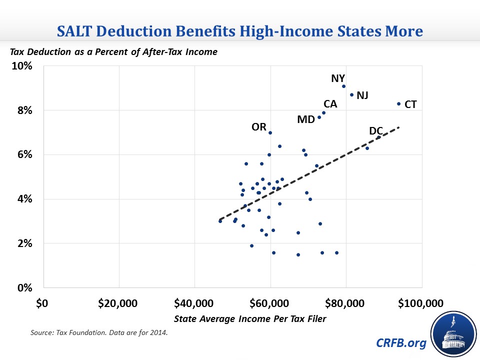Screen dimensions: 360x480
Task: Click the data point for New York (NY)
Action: pos(344,86)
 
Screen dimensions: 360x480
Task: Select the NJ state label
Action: pos(362,95)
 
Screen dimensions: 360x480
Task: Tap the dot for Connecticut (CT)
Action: pos(398,104)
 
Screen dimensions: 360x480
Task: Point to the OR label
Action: pos(259,127)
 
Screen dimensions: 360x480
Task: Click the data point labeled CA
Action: pos(324,112)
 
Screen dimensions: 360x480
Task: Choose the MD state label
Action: pos(305,120)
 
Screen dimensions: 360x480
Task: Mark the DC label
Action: pos(376,131)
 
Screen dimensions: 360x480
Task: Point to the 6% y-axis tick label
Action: pos(24,155)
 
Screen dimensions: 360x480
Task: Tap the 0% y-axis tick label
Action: pos(24,288)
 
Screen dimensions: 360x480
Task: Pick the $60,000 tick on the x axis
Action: pos(270,303)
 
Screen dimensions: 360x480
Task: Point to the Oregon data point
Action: pos(270,132)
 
